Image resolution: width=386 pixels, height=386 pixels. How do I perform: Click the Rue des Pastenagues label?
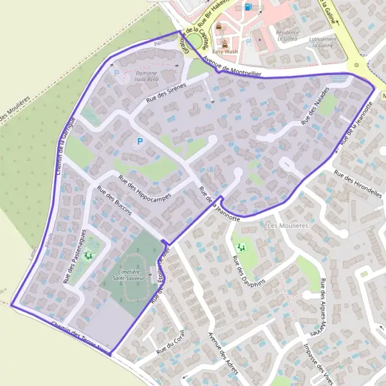pyautogui.click(x=74, y=256)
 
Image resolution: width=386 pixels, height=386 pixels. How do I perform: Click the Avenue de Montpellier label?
pyautogui.click(x=232, y=69)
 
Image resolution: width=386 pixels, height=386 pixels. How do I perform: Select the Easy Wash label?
pyautogui.click(x=226, y=51)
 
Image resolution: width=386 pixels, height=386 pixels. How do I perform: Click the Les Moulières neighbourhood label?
pyautogui.click(x=288, y=226)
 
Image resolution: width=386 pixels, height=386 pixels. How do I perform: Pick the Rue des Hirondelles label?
pyautogui.click(x=358, y=181)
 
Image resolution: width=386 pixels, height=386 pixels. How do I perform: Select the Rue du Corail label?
pyautogui.click(x=170, y=347)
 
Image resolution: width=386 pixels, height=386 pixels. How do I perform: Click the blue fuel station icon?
pyautogui.click(x=248, y=8)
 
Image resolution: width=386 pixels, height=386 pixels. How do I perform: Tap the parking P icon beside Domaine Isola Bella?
pyautogui.click(x=116, y=73)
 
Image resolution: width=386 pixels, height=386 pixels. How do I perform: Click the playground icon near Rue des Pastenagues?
pyautogui.click(x=88, y=255)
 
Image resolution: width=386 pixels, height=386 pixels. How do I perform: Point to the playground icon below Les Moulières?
pyautogui.click(x=243, y=246)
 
